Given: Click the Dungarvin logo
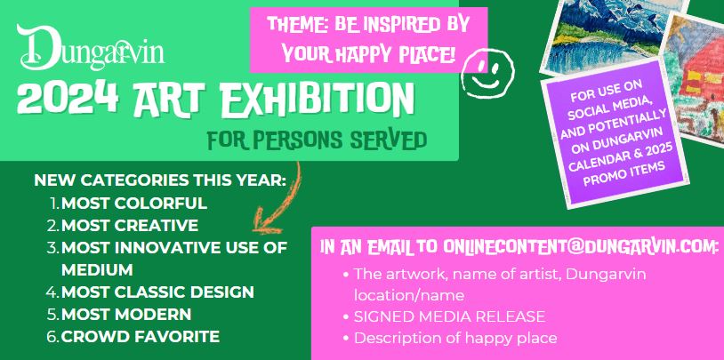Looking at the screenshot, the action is click(91, 46).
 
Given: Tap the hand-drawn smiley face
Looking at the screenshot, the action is click(487, 74).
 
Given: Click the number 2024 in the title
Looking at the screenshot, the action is click(68, 99).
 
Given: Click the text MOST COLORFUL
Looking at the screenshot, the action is click(134, 203).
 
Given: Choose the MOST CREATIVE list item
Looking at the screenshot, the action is click(130, 225).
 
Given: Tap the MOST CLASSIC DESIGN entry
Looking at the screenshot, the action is click(157, 292).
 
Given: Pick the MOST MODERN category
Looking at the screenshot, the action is click(126, 315).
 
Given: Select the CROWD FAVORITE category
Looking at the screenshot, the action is click(141, 337).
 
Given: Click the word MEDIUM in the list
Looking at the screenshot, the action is click(97, 269).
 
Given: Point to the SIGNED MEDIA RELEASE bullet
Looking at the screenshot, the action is click(449, 316).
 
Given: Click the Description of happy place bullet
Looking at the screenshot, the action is click(455, 339).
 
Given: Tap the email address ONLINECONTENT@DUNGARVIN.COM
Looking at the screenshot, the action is click(581, 246).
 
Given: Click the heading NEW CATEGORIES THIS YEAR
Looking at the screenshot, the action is click(160, 180).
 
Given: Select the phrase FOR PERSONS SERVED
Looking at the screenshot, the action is click(317, 140).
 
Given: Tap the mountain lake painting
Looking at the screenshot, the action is click(611, 36).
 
